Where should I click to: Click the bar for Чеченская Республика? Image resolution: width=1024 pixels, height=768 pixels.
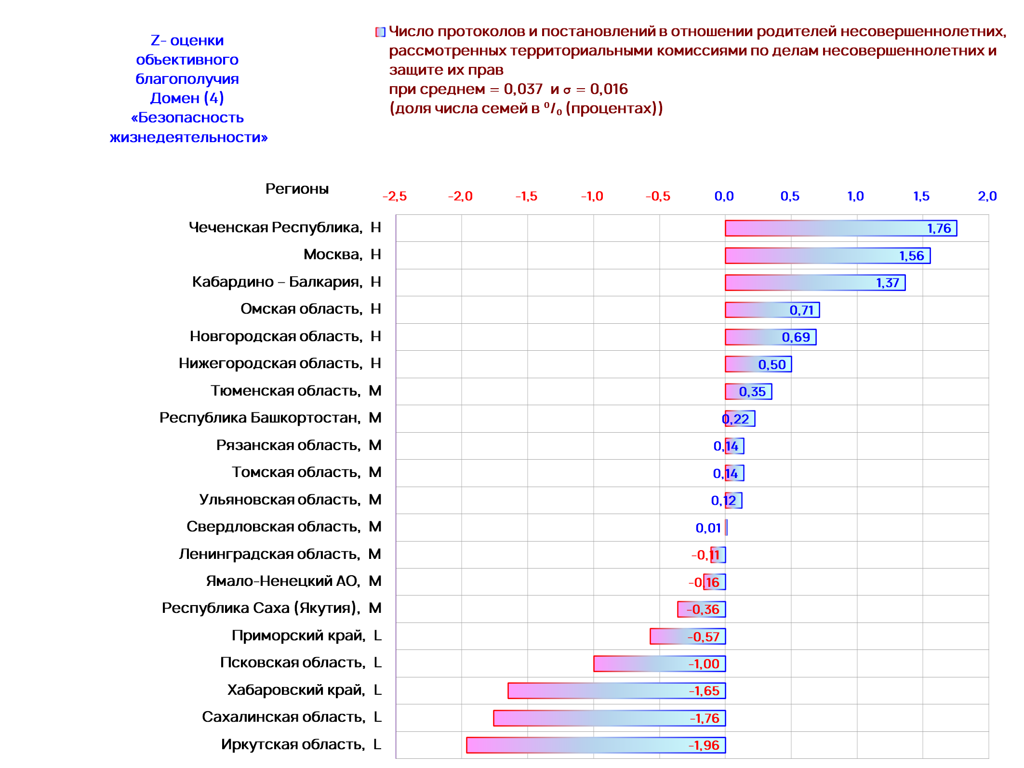coord(841,228)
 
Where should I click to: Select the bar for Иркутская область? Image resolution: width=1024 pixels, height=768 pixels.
coord(596,745)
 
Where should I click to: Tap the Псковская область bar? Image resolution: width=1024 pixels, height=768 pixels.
coord(659,663)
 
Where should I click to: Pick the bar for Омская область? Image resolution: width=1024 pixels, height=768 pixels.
coord(772,310)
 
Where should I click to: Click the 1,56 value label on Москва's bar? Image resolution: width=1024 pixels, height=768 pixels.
coord(911,256)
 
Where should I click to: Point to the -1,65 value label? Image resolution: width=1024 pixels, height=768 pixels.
coord(704,691)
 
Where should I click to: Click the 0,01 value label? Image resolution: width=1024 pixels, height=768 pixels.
coord(708,528)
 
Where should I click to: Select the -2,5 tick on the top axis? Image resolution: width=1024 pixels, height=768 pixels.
coord(395,196)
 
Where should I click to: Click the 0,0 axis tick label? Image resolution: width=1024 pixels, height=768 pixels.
coord(724,196)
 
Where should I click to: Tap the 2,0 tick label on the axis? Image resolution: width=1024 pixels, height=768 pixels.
coord(987,196)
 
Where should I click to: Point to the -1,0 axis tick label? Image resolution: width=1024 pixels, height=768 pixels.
coord(592,196)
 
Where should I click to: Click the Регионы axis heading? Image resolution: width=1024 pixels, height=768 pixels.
coord(297,189)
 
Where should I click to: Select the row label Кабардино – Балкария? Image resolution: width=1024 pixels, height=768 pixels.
coord(277,282)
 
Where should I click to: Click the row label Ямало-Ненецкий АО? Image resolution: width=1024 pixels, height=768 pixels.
coord(283,581)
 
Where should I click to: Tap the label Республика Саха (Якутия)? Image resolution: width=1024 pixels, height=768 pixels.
coord(261,608)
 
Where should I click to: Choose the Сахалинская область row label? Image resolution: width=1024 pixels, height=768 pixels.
coord(283,717)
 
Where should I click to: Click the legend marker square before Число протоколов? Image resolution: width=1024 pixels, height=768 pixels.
coord(381,32)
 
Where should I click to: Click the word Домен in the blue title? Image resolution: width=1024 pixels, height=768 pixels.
coord(174,98)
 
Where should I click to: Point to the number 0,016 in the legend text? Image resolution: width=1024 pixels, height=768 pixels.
coord(609,89)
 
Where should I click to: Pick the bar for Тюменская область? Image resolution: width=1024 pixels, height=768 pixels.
coord(748,391)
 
